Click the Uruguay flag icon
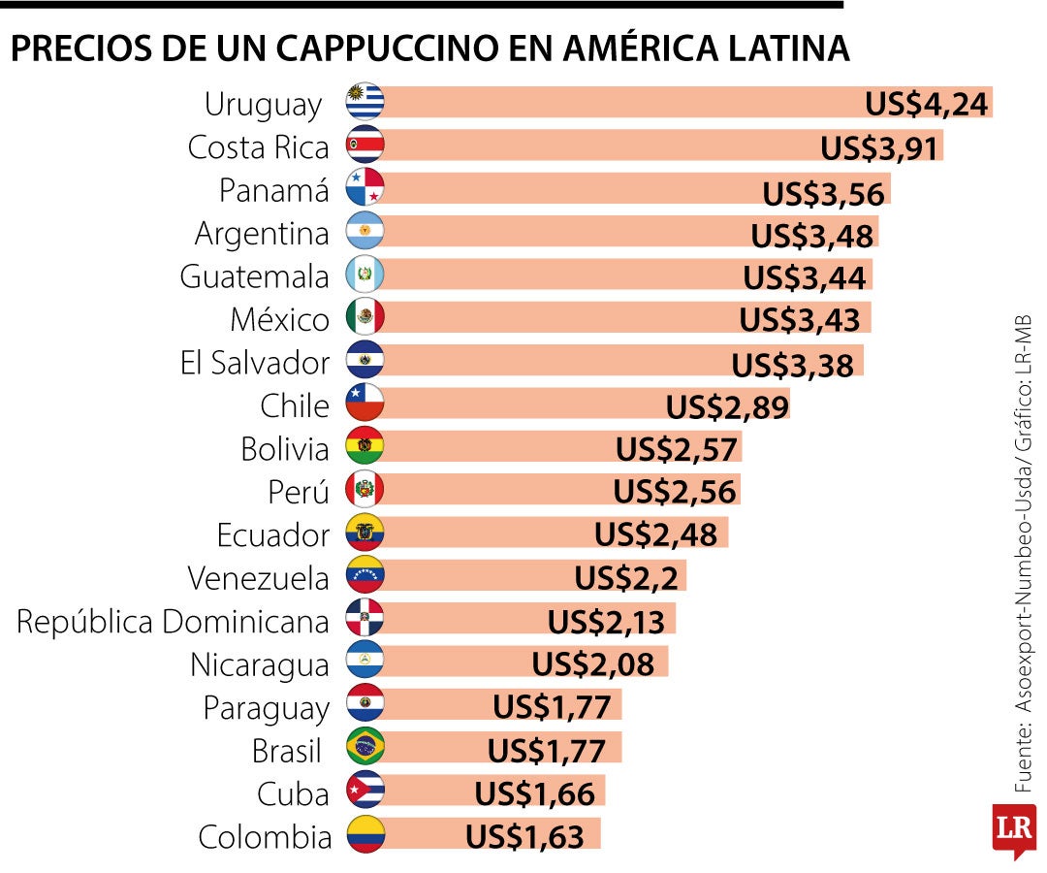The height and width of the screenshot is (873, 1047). pos(365,102)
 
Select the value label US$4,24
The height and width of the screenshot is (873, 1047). pos(927,103)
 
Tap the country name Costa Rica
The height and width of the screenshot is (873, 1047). pos(258,146)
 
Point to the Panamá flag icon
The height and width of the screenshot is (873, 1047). pos(365,188)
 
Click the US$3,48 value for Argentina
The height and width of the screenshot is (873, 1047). pos(813,235)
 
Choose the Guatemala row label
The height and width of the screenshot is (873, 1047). pos(254,276)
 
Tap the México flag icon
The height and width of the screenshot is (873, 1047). pos(365,317)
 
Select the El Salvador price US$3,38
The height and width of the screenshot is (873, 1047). pos(792,365)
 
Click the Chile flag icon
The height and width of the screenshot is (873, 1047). pos(365,404)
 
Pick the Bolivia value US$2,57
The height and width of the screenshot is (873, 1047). pos(677,449)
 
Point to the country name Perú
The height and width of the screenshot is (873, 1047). pos(298,492)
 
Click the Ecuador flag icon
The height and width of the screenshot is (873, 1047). pos(365,533)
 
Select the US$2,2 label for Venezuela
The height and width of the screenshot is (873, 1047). pos(629,578)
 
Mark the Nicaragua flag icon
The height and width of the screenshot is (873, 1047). pos(365,662)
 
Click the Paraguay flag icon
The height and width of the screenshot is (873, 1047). pos(365,704)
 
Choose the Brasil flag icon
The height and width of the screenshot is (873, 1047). pos(365,747)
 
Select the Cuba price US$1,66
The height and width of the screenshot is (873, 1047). pos(534,793)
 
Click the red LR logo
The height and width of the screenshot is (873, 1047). pos(1013,829)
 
